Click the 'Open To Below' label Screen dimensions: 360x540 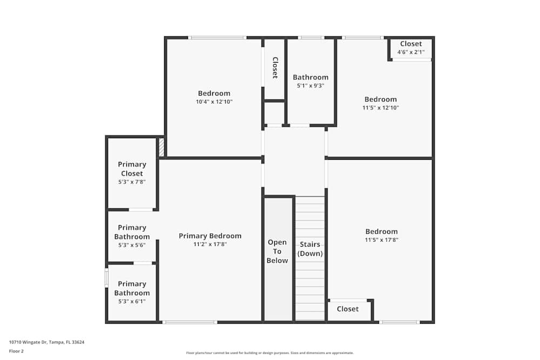pyautogui.click(x=278, y=252)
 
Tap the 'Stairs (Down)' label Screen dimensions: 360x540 pyautogui.click(x=310, y=249)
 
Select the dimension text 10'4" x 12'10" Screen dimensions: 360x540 pyautogui.click(x=214, y=101)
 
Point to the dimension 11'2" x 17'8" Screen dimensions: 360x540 pyautogui.click(x=210, y=244)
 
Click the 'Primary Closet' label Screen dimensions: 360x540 pyautogui.click(x=132, y=168)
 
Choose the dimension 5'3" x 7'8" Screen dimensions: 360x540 pyautogui.click(x=132, y=182)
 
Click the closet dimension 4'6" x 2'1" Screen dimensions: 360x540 pyautogui.click(x=411, y=52)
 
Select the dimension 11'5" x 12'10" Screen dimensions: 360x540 pyautogui.click(x=381, y=107)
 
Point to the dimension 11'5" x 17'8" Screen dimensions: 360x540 pyautogui.click(x=381, y=240)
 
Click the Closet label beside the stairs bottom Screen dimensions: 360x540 pyautogui.click(x=348, y=309)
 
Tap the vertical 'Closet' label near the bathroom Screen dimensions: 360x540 pyautogui.click(x=274, y=68)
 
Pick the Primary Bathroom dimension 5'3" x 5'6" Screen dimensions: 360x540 pyautogui.click(x=132, y=245)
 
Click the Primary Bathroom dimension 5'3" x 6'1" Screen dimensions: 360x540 pyautogui.click(x=132, y=302)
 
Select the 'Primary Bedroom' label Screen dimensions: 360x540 pyautogui.click(x=210, y=236)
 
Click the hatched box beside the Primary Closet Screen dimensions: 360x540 pyautogui.click(x=161, y=147)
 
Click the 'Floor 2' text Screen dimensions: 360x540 pyautogui.click(x=16, y=351)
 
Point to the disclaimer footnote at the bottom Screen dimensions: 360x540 pyautogui.click(x=270, y=353)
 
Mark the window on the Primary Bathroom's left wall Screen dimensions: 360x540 pyautogui.click(x=106, y=278)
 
